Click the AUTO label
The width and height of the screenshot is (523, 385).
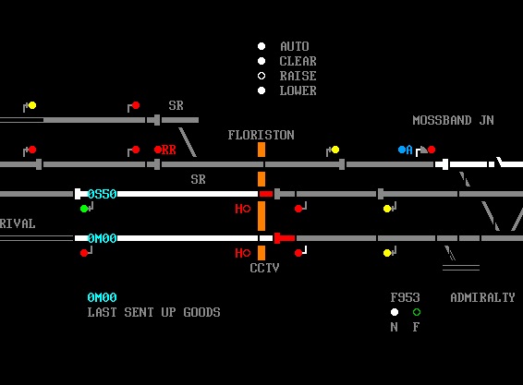pos(295,46)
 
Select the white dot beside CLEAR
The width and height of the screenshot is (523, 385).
pos(261,61)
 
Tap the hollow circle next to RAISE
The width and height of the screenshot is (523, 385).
pos(261,76)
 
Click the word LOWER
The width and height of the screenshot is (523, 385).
pos(298,90)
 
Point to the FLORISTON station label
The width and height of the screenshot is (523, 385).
pos(261,135)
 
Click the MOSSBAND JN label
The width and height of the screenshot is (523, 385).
pos(454,120)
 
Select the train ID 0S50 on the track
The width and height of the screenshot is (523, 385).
pos(102,194)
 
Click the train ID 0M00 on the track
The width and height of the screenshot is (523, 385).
pos(102,238)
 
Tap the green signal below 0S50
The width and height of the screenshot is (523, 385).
pos(84,209)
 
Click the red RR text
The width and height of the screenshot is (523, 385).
pos(169,150)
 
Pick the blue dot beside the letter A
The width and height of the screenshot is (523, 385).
pos(402,150)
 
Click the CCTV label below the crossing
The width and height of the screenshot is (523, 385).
pos(264,268)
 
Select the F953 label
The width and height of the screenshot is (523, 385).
pos(406,297)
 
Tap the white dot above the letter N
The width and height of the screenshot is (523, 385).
pos(395,312)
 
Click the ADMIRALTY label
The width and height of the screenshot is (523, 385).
pos(482,297)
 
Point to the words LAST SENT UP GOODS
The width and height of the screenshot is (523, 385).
pos(153,312)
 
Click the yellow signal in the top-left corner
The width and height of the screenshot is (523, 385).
pos(32,105)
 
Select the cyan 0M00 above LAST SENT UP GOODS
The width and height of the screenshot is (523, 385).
pos(102,297)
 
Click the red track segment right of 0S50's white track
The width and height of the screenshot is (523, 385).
pos(266,194)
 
